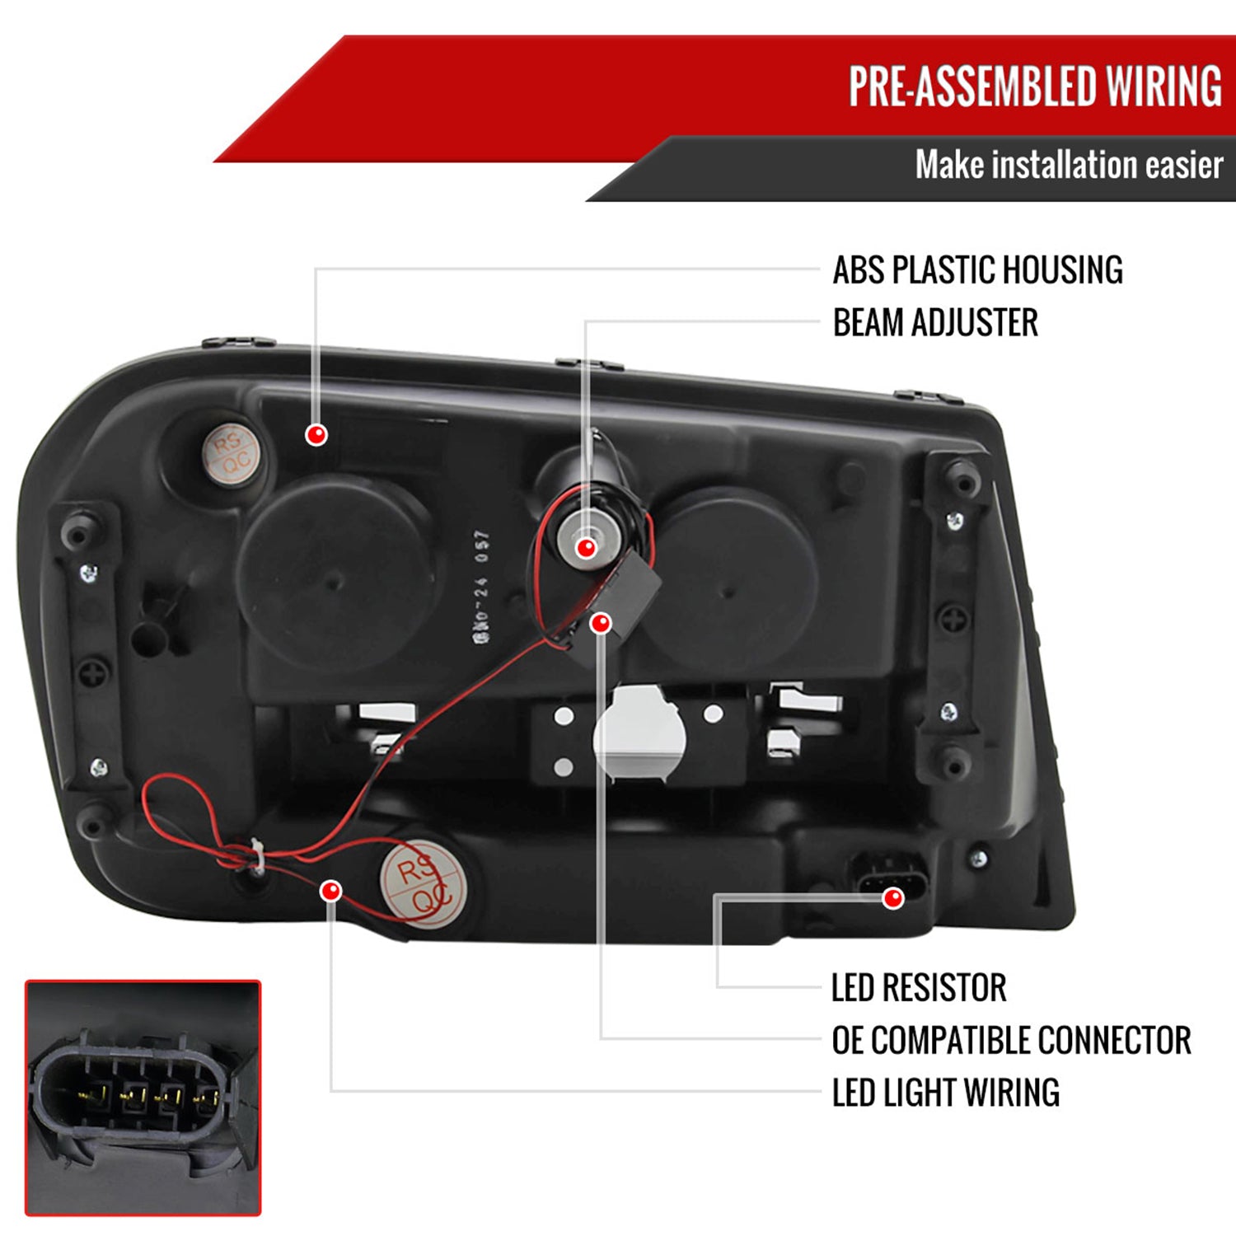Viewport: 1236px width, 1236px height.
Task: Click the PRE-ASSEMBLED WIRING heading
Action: [x=1035, y=87]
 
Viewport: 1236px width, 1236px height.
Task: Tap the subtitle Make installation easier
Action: [x=1068, y=165]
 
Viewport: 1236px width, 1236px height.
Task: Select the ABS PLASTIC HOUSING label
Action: [x=977, y=270]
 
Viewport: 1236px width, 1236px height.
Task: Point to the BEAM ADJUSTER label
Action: [x=935, y=322]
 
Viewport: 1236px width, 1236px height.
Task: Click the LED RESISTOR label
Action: [x=919, y=987]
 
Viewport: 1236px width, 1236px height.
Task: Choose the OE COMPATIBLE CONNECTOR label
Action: [x=1011, y=1040]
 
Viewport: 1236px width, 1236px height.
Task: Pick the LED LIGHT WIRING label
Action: [x=945, y=1093]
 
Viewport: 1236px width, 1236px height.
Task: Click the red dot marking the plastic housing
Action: [x=316, y=434]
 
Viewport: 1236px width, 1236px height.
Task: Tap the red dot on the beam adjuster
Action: [x=586, y=547]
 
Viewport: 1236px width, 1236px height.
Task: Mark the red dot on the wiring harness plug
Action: [x=892, y=898]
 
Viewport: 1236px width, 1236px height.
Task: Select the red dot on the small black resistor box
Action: [x=601, y=623]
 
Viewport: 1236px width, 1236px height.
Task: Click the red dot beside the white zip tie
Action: [x=331, y=891]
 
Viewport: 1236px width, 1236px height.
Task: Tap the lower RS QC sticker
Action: [x=424, y=884]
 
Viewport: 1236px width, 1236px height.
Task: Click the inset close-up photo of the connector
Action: [x=143, y=1098]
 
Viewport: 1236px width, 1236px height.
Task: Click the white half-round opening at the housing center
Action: [x=639, y=733]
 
